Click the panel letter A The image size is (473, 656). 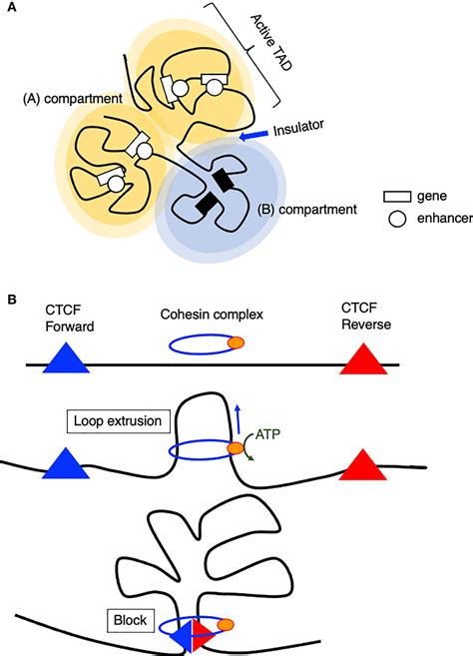[13, 8]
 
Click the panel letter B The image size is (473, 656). [12, 300]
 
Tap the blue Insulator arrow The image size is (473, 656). [253, 135]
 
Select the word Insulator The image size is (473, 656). [298, 128]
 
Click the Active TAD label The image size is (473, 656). [271, 42]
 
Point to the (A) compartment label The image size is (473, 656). [73, 98]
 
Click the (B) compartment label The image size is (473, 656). [307, 210]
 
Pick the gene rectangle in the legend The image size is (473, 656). [397, 197]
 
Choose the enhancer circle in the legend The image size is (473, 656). [397, 219]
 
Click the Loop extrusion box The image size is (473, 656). [118, 421]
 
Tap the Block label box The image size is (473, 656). [130, 620]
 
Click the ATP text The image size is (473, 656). [266, 434]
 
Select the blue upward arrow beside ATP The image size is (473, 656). [237, 419]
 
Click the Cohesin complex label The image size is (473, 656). [212, 315]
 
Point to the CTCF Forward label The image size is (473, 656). [70, 318]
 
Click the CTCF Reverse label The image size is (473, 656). [366, 317]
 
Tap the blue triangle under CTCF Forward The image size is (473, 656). [66, 358]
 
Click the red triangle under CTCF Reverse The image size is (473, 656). [363, 359]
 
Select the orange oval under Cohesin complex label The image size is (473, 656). [236, 342]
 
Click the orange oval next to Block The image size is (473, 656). [226, 625]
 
